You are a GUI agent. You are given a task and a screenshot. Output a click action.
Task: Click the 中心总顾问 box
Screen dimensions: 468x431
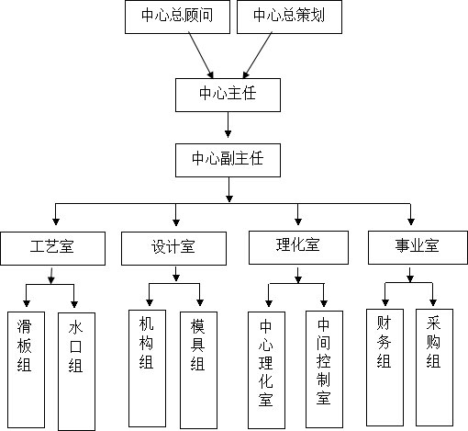(x=177, y=17)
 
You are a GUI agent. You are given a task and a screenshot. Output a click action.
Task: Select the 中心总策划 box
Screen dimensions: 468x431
(x=289, y=17)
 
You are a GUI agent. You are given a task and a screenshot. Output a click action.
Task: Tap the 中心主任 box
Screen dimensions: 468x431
(x=228, y=95)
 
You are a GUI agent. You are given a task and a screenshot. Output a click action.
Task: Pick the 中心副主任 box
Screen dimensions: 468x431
(x=228, y=160)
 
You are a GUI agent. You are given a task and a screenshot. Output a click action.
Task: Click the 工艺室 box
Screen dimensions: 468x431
(x=53, y=248)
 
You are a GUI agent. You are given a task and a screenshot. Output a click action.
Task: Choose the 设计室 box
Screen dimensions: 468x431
(x=173, y=248)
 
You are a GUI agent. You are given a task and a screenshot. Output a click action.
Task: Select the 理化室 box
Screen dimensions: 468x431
(x=298, y=247)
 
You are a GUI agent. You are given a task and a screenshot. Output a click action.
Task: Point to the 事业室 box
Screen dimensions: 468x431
(x=418, y=247)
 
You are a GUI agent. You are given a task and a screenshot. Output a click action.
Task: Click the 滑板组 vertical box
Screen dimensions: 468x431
(x=26, y=369)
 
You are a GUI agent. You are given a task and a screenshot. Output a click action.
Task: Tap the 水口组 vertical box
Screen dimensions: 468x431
(x=76, y=371)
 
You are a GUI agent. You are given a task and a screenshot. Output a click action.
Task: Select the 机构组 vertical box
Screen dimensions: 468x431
(x=147, y=369)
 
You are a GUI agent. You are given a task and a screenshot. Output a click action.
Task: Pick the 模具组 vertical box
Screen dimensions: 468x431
(x=198, y=370)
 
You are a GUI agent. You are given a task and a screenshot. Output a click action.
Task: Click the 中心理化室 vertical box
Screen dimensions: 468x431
(x=266, y=370)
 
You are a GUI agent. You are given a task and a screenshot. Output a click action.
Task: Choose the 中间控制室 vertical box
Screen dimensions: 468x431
(x=324, y=369)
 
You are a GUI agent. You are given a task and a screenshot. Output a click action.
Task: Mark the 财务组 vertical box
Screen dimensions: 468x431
(x=384, y=368)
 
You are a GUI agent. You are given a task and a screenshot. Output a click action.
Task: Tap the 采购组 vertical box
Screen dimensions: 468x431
(x=434, y=368)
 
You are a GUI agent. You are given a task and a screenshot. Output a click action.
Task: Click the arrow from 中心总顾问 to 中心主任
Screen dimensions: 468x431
(x=201, y=55)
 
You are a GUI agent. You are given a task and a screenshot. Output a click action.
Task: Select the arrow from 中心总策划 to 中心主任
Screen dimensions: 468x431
(x=257, y=55)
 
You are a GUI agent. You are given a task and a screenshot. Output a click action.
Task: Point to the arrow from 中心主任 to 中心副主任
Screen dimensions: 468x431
(x=228, y=125)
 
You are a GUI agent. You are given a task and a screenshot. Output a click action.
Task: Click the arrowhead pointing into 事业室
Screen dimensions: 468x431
(x=411, y=221)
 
